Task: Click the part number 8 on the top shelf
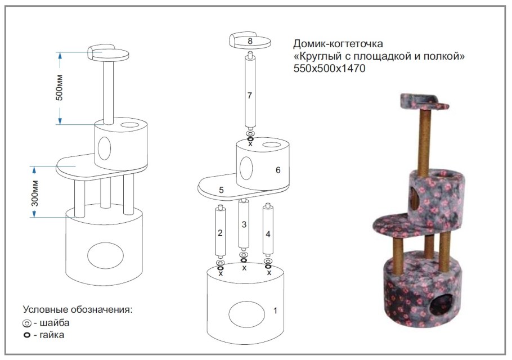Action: click(x=250, y=41)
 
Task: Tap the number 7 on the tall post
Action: click(x=249, y=95)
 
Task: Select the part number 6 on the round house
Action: click(x=278, y=170)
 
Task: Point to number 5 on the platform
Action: click(x=221, y=190)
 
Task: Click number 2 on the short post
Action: click(x=220, y=233)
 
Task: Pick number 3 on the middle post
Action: click(x=244, y=224)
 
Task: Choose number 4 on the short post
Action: click(x=268, y=234)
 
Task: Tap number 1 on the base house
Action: click(x=275, y=310)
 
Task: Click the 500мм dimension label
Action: click(x=59, y=88)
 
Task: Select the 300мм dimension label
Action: click(x=35, y=193)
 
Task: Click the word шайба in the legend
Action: click(x=55, y=322)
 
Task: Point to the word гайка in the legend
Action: click(x=52, y=335)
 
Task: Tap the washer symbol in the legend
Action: click(x=27, y=323)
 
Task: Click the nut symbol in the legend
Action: click(x=27, y=335)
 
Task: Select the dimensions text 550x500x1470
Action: click(x=329, y=69)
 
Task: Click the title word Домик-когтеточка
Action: click(x=338, y=43)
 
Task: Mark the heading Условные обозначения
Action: click(x=78, y=309)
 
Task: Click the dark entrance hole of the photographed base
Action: click(x=441, y=304)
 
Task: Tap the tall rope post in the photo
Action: click(x=424, y=142)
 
